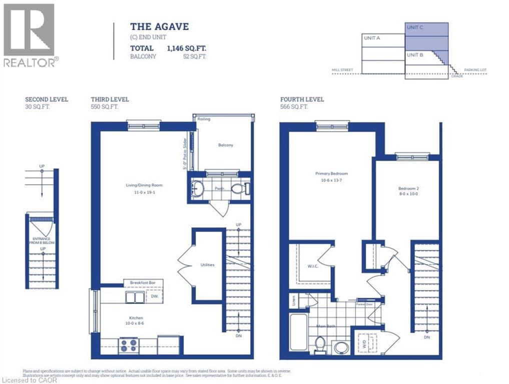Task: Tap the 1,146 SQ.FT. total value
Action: click(x=186, y=48)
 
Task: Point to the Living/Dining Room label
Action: click(x=144, y=185)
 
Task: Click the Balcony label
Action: click(x=225, y=145)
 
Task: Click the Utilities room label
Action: click(x=207, y=264)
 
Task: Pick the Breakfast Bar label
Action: click(x=143, y=283)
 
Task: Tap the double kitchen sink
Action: click(x=134, y=297)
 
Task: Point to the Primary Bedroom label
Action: click(x=331, y=173)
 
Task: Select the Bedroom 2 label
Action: click(x=408, y=188)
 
